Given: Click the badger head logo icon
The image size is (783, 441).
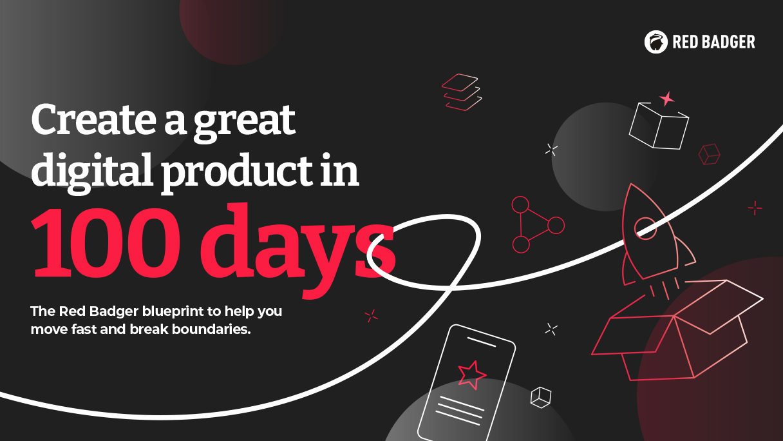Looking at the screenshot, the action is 656,42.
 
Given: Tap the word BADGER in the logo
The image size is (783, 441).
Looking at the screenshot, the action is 726,42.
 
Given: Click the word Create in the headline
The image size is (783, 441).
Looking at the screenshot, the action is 93,120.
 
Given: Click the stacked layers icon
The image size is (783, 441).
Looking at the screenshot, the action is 462,92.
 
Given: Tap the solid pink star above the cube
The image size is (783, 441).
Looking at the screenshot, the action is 667,99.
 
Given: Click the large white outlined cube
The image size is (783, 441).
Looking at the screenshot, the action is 659,126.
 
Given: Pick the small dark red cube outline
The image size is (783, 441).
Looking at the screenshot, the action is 709,154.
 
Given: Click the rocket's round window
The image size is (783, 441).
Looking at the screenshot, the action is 645,228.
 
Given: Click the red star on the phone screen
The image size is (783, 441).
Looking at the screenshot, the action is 471,375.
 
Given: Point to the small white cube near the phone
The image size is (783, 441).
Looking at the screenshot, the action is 541,397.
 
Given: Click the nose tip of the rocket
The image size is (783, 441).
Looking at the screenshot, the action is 631,184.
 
